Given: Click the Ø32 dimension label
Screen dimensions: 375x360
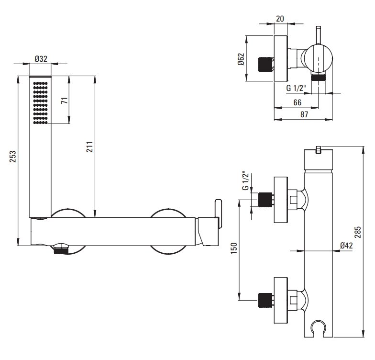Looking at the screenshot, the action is tap(41, 58).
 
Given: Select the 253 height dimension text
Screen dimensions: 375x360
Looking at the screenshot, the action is tap(12, 157).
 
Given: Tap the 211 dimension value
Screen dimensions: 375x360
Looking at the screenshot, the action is tap(89, 146).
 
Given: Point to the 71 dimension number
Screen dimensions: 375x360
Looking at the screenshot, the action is tap(65, 101).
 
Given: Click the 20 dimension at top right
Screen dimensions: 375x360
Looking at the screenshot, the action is tap(280, 19).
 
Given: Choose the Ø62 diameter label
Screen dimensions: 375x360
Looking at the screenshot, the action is tap(241, 59).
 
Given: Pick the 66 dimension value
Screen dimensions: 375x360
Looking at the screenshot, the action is tap(297, 102).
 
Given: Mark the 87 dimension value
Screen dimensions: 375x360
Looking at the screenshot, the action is tap(304, 114).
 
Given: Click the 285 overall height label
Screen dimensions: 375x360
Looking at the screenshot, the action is tap(358, 232).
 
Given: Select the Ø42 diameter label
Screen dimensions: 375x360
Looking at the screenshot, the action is tap(346, 245).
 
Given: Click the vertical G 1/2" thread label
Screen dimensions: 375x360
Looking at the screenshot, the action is tap(246, 181).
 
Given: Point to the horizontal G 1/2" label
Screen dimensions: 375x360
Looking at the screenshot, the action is tap(296, 88).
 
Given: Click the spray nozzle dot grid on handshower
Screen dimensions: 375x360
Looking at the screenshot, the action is tap(40, 103).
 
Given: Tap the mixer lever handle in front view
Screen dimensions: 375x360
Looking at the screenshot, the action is tap(218, 214).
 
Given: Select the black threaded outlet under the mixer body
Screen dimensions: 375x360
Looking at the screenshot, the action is tap(61, 251).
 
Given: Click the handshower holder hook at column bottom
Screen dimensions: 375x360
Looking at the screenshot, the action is tap(319, 326).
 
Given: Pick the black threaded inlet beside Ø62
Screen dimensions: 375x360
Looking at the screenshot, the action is tap(265, 64).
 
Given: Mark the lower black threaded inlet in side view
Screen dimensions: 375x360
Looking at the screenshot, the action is tap(265, 300).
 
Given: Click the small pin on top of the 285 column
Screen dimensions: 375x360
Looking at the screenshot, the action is tap(319, 150).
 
